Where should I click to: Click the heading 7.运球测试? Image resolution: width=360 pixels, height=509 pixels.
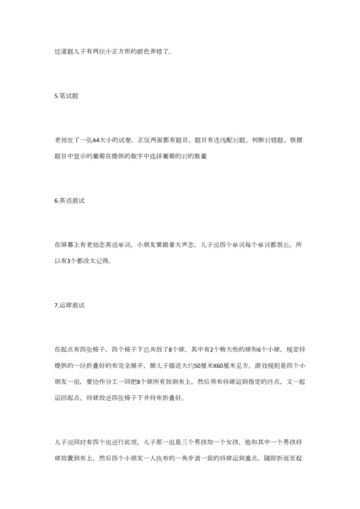69,305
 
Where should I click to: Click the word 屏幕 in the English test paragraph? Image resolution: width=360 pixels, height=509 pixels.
68,246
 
